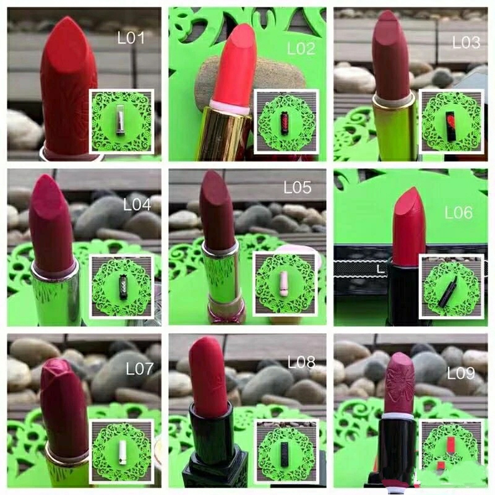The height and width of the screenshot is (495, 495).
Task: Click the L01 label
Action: pyautogui.click(x=131, y=38)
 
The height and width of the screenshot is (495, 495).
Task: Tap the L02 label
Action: pyautogui.click(x=301, y=49)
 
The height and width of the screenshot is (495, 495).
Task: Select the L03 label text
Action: pyautogui.click(x=467, y=42)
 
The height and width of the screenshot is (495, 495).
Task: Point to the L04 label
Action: pyautogui.click(x=137, y=205)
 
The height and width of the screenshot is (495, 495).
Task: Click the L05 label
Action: pyautogui.click(x=298, y=187)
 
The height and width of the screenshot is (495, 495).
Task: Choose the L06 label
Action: pyautogui.click(x=458, y=212)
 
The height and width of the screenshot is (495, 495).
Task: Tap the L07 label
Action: pyautogui.click(x=140, y=368)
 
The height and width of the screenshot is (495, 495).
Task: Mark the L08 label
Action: pyautogui.click(x=301, y=363)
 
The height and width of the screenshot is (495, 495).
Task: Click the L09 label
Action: pyautogui.click(x=461, y=374)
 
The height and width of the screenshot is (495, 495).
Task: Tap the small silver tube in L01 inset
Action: pyautogui.click(x=121, y=121)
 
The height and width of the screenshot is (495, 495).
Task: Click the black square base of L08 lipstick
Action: pyautogui.click(x=215, y=473)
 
